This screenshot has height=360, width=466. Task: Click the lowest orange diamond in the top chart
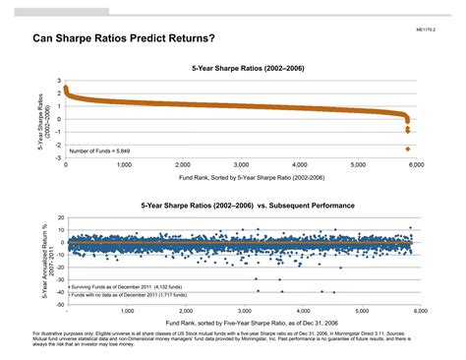(407, 149)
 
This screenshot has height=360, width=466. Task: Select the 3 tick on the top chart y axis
(60, 81)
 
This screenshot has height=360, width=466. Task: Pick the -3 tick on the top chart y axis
(59, 157)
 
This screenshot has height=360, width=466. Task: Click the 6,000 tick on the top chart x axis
(416, 165)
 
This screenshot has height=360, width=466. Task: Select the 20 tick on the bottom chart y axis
(59, 217)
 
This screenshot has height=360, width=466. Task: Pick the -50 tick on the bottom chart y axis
(58, 305)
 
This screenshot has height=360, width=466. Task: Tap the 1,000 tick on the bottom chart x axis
(124, 311)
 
